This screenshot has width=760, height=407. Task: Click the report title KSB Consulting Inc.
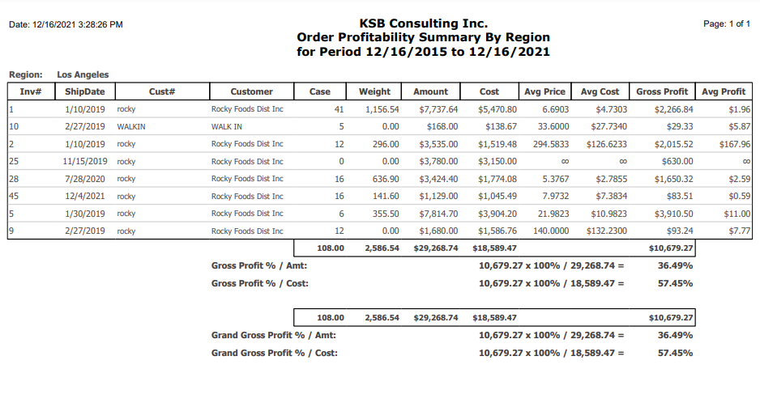tap(423, 23)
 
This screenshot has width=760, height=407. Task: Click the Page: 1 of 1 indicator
tap(727, 23)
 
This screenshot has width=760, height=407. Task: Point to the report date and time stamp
tap(66, 25)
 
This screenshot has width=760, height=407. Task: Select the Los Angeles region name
tap(83, 74)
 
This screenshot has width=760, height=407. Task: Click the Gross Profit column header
tap(662, 91)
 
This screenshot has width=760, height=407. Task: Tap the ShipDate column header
tap(85, 91)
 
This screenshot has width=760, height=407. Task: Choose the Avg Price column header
tap(544, 91)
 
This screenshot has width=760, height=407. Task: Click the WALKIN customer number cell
tap(131, 127)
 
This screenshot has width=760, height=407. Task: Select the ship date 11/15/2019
tap(85, 162)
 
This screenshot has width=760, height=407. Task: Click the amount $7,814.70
tap(438, 214)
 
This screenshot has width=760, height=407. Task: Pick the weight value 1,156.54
tap(382, 109)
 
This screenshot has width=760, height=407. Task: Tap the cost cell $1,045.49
tap(497, 197)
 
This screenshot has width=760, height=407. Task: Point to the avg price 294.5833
tap(551, 144)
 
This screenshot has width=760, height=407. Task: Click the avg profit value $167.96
tap(735, 144)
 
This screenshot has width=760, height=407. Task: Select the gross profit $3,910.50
tap(674, 214)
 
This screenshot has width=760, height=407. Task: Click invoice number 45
tap(14, 197)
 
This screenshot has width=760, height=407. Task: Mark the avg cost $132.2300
tap(606, 231)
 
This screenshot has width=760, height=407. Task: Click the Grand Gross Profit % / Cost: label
tap(275, 354)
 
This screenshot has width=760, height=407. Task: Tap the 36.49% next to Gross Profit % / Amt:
tap(675, 265)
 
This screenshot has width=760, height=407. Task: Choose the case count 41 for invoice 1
tap(339, 109)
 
